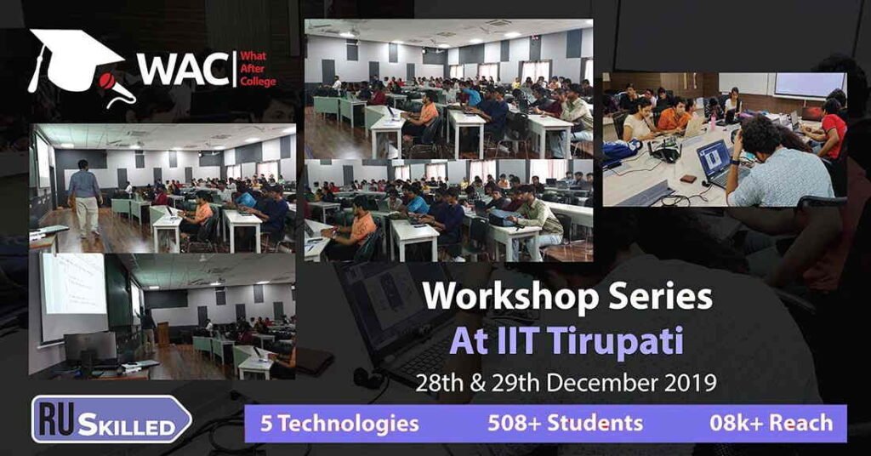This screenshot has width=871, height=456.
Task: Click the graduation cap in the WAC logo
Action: (75, 59)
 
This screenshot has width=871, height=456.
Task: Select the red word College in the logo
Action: (258, 81)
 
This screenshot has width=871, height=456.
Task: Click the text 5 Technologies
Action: (339, 424)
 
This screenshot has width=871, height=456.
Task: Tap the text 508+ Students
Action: (565, 423)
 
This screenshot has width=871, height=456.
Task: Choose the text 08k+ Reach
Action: (771, 423)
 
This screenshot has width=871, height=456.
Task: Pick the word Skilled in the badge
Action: (126, 425)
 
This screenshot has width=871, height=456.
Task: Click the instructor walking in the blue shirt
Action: (84, 197)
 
